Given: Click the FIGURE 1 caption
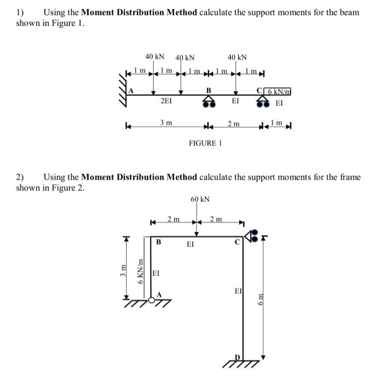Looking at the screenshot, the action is (x=205, y=143).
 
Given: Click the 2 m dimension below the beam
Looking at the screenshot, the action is (x=234, y=125).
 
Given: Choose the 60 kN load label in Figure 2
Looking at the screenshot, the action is (x=201, y=198).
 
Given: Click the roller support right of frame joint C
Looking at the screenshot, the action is (x=251, y=237).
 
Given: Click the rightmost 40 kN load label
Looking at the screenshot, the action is (x=237, y=57).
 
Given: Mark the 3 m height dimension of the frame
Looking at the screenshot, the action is (x=125, y=271).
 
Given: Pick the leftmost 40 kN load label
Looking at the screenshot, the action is (x=155, y=57).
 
